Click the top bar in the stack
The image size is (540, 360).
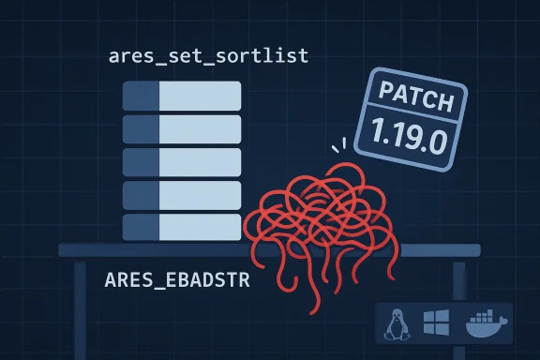[182, 95]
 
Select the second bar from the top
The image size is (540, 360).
[182, 127]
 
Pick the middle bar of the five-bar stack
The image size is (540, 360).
[182, 161]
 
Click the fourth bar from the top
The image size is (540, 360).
[182, 194]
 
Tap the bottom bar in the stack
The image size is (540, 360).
[182, 226]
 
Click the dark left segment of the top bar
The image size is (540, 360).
[141, 95]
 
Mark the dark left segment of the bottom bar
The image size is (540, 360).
[141, 226]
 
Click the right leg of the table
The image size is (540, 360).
[458, 281]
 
